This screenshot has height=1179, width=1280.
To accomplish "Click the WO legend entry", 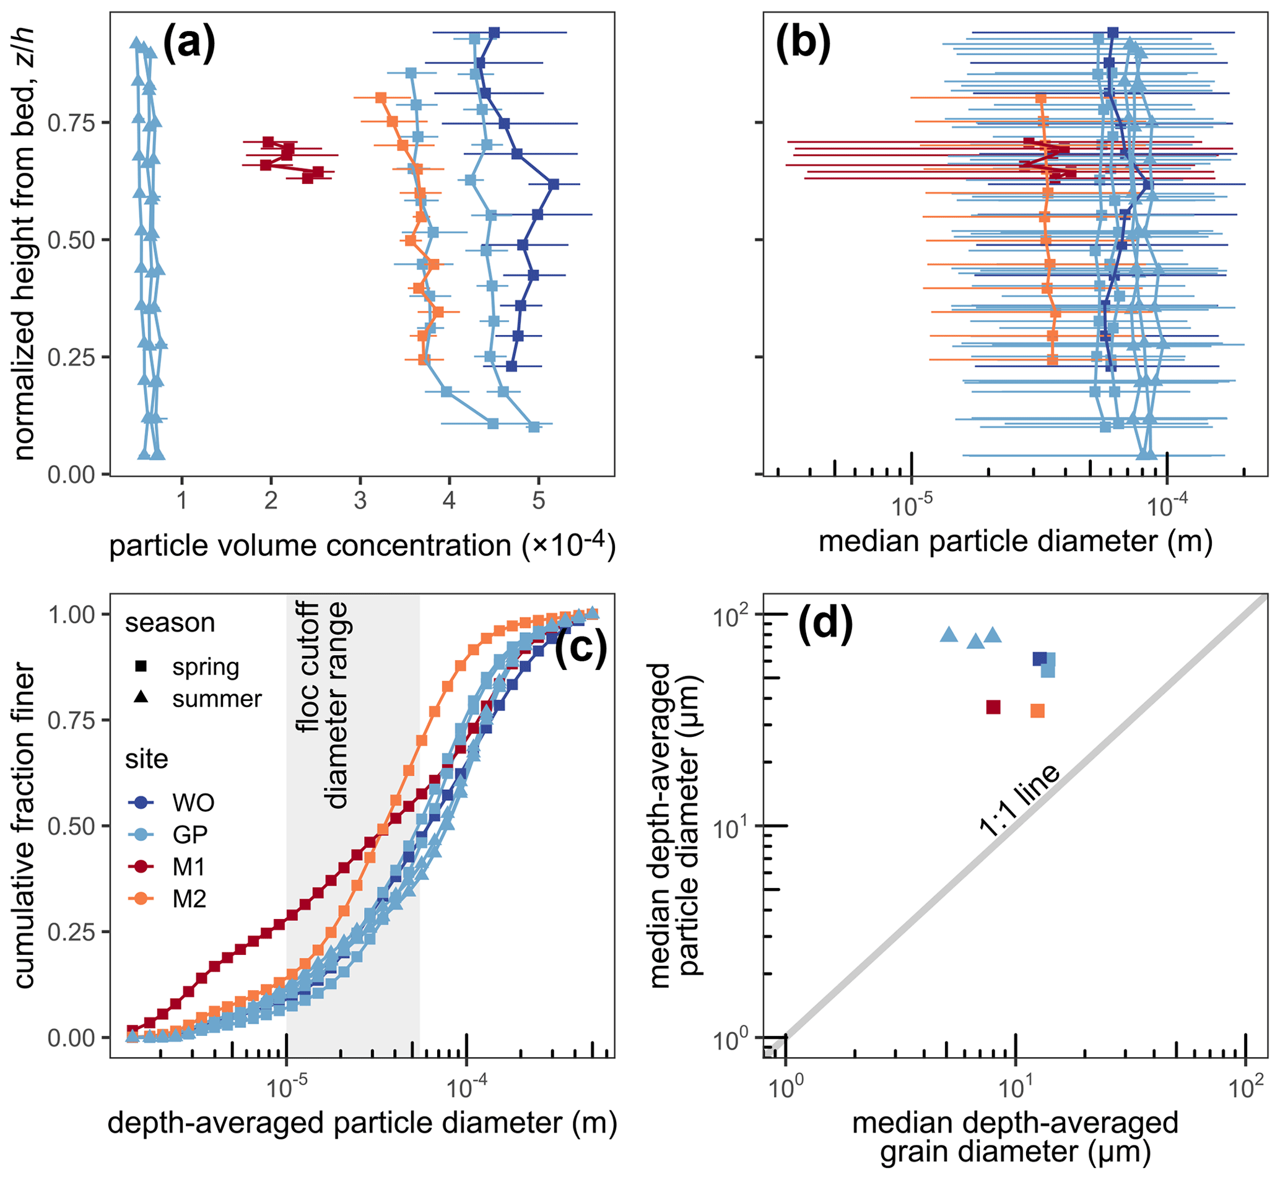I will click(x=193, y=802).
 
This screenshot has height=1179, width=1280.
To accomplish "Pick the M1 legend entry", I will click(x=189, y=867).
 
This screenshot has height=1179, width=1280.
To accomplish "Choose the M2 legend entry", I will click(x=189, y=900).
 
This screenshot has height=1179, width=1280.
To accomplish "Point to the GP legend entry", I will click(x=189, y=835).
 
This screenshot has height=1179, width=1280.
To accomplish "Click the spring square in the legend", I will click(x=141, y=667).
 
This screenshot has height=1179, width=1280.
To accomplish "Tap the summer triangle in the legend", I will click(x=141, y=698).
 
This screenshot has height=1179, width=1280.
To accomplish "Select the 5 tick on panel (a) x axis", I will click(x=539, y=502).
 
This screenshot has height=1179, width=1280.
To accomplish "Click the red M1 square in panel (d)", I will click(x=993, y=707).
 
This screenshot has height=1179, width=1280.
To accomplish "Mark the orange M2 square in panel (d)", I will click(x=1037, y=711).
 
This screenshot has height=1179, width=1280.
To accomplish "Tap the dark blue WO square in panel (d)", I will click(x=1040, y=659).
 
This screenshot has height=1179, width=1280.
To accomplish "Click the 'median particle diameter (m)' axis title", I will click(x=1015, y=541).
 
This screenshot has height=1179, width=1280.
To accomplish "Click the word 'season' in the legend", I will click(x=170, y=623).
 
